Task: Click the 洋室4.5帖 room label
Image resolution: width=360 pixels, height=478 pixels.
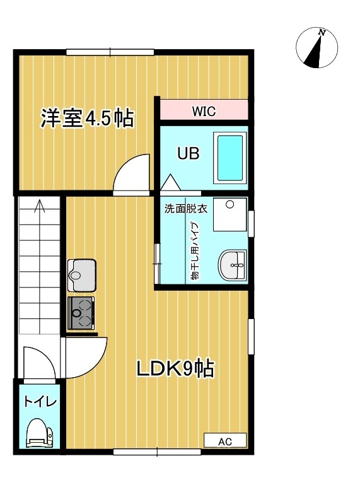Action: tap(87, 118)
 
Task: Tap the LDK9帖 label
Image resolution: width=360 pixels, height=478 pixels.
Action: tap(175, 369)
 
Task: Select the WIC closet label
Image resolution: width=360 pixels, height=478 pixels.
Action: tap(204, 111)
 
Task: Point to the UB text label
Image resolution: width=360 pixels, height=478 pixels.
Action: tap(189, 153)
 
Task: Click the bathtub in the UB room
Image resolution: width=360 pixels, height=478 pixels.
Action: tap(230, 158)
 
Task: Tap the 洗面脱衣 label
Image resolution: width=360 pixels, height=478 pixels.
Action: tap(186, 209)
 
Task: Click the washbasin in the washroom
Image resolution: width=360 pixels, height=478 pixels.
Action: tap(232, 265)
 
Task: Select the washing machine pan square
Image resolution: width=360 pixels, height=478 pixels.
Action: tap(230, 214)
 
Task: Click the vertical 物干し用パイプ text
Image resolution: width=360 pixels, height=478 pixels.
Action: tap(194, 251)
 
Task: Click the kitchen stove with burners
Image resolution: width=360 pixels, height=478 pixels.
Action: tap(81, 313)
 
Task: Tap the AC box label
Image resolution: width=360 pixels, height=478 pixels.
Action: tap(225, 441)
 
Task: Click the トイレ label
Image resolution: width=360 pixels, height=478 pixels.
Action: tap(40, 402)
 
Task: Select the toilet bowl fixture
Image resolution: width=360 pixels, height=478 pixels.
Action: tap(39, 432)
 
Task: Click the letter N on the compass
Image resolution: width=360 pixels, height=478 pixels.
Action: tap(322, 32)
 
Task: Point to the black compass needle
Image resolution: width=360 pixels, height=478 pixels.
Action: tap(314, 51)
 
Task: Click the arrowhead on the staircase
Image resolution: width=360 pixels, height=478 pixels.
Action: tap(39, 206)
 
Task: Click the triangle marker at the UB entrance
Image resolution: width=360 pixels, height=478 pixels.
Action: tap(170, 182)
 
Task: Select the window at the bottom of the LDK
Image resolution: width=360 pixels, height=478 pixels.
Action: tap(157, 452)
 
